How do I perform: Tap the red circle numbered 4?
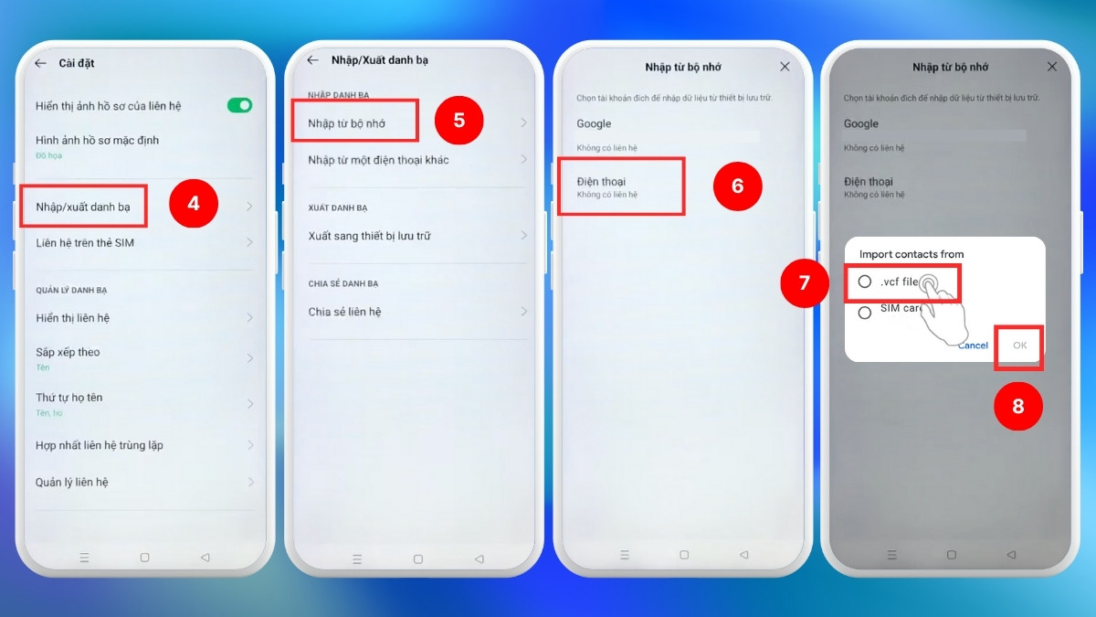(x=194, y=203)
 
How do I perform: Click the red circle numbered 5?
(x=458, y=120)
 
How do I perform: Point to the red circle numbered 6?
(x=737, y=186)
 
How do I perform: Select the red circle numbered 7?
(x=805, y=282)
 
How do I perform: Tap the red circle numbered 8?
(x=1018, y=406)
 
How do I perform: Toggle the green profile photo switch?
(x=239, y=105)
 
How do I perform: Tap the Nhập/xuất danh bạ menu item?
(x=83, y=207)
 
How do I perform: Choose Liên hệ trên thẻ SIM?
(x=85, y=243)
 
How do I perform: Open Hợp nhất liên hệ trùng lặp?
(x=100, y=445)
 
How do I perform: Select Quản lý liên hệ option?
(x=72, y=483)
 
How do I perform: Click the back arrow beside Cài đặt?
(x=40, y=63)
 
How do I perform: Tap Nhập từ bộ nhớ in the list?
(x=346, y=123)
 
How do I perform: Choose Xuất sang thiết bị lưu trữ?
(x=369, y=236)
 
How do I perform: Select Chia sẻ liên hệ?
(x=344, y=312)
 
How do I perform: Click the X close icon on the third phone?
(x=785, y=67)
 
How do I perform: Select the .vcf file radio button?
(x=865, y=282)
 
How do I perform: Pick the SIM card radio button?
(x=865, y=313)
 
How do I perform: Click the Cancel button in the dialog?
(x=973, y=346)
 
